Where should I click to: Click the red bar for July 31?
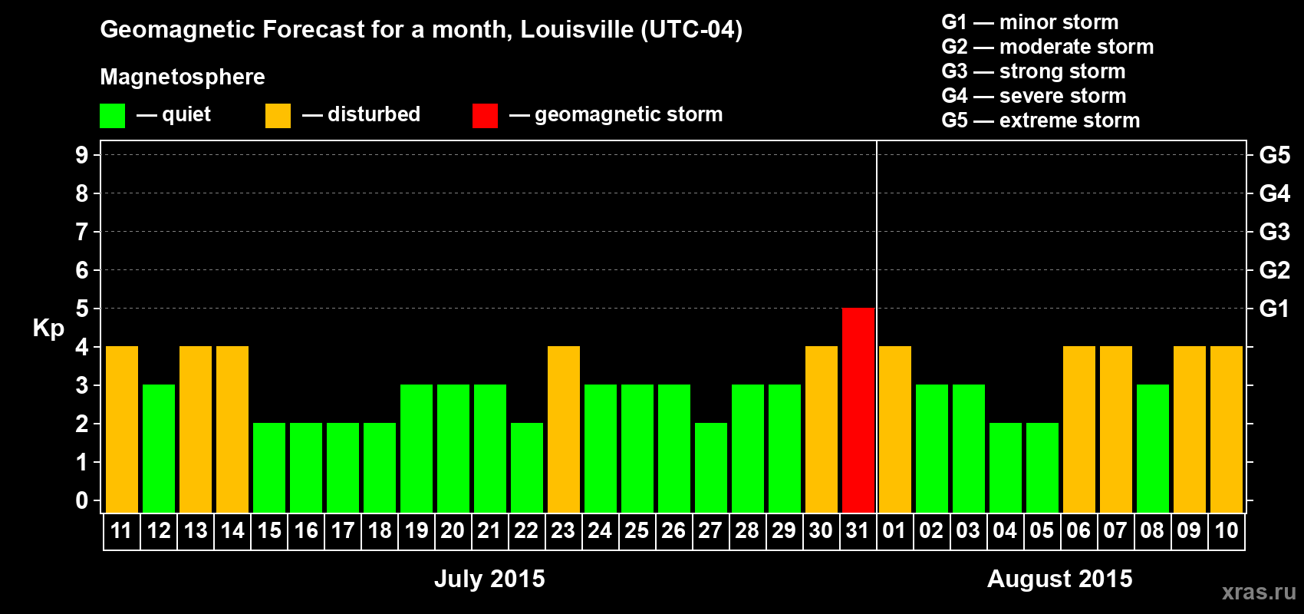click(858, 410)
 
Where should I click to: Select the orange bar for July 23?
click(563, 429)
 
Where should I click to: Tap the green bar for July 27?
click(710, 467)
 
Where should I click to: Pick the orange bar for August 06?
click(1078, 429)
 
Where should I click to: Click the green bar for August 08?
click(1152, 448)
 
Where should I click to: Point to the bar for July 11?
click(121, 429)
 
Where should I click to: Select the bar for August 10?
click(1226, 429)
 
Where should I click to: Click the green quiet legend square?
click(112, 116)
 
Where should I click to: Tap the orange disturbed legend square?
click(278, 116)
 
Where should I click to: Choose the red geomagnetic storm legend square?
click(485, 116)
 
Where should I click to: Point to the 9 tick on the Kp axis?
click(82, 155)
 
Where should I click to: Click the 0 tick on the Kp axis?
click(82, 500)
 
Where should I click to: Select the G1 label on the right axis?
click(1274, 309)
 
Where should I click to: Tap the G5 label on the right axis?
click(1274, 155)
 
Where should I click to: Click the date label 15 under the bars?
click(269, 530)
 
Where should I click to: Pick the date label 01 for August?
click(894, 530)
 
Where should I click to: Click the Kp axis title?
click(48, 328)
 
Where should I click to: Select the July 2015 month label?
click(489, 579)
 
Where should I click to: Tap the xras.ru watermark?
click(1259, 592)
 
